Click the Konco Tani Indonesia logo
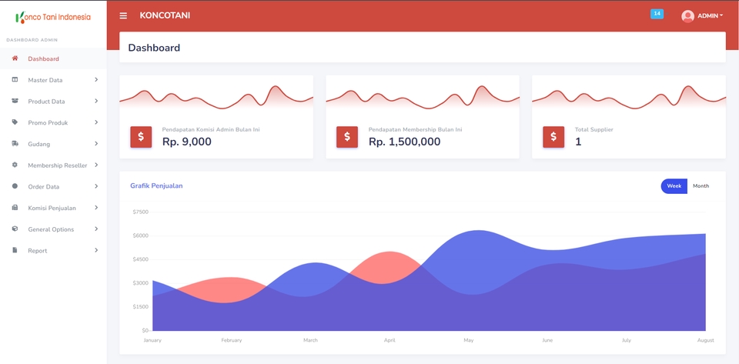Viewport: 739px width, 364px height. point(53,17)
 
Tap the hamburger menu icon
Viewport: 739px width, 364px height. point(123,15)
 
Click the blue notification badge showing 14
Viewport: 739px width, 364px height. point(657,14)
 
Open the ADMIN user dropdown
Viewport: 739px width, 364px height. point(702,16)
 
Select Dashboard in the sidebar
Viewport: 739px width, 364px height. point(43,58)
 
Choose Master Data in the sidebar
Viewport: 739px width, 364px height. point(45,80)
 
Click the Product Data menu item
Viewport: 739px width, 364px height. point(46,102)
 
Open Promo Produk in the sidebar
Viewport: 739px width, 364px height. point(48,123)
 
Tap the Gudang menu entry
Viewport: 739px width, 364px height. point(38,144)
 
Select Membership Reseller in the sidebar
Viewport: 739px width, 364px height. point(57,165)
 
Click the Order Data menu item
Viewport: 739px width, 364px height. point(43,187)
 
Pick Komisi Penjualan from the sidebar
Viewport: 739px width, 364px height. point(52,208)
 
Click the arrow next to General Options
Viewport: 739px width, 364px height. point(96,229)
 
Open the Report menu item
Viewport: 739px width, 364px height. point(37,251)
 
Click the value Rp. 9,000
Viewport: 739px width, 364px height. point(186,142)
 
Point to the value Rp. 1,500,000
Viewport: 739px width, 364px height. point(404,142)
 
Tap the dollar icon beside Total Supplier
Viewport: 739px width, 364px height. point(553,137)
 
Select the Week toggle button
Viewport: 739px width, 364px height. point(674,186)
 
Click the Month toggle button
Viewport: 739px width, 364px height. point(701,186)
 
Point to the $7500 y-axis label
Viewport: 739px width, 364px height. point(140,212)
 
